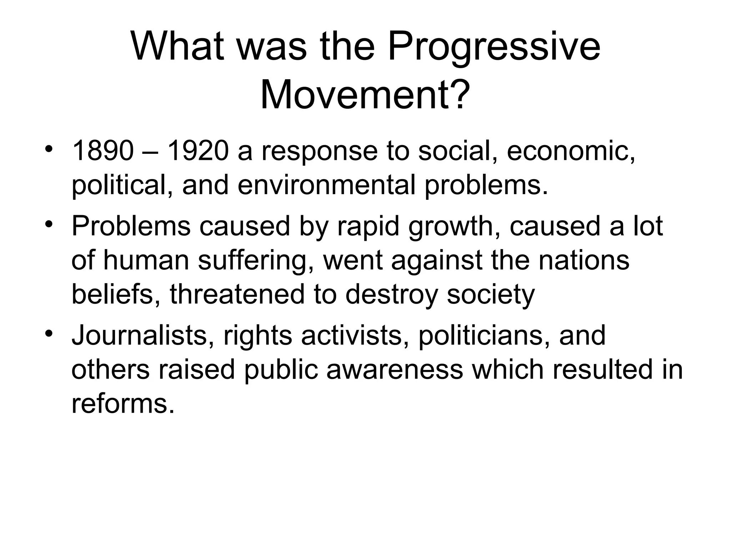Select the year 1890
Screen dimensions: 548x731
click(102, 151)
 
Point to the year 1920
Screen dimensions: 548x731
click(197, 151)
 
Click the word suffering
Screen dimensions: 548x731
click(256, 260)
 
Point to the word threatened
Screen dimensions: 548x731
click(237, 294)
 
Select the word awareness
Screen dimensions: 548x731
click(395, 370)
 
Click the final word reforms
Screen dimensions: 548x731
click(123, 404)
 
